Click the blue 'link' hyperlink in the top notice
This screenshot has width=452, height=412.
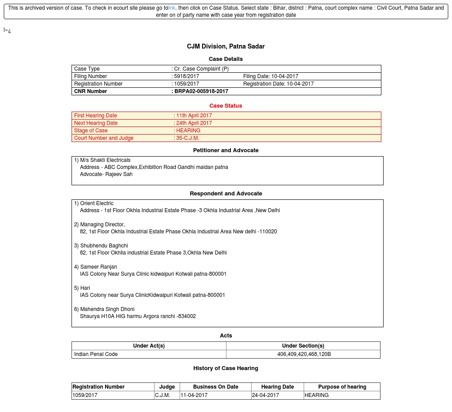tap(172, 8)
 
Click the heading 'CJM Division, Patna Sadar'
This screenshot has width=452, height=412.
tap(226, 46)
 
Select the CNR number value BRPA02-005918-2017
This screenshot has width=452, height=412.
tap(201, 91)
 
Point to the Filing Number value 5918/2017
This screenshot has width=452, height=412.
tap(187, 76)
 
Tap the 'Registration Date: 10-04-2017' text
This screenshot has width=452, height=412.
tap(278, 84)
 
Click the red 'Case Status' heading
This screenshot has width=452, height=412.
tap(226, 106)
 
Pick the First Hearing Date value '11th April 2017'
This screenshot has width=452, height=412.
tap(194, 116)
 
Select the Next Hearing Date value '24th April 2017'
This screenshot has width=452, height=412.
tap(194, 123)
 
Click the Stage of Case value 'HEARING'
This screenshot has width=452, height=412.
tap(188, 131)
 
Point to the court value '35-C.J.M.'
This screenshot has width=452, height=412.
tap(188, 138)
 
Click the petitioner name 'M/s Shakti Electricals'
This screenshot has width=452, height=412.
tap(105, 160)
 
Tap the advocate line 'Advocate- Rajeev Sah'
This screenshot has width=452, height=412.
tap(106, 174)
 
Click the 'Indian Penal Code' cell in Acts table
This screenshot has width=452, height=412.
tap(96, 354)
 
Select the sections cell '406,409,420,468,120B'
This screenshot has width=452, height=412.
tap(304, 354)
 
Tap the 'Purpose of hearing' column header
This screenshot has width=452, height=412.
tap(342, 387)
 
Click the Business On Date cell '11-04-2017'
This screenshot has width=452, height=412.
tap(194, 395)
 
